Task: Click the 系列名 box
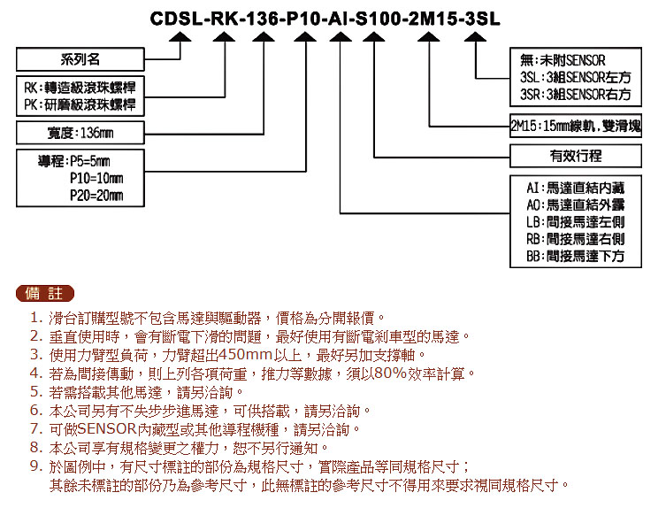[x=80, y=59]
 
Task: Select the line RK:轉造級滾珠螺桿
[x=80, y=88]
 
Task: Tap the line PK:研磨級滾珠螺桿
[x=80, y=104]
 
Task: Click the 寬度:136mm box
[x=80, y=133]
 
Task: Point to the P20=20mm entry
[x=96, y=195]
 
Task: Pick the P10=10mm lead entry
[x=96, y=178]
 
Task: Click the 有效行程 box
[x=576, y=156]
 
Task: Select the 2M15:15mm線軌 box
[x=576, y=126]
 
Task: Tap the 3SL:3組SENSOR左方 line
[x=576, y=77]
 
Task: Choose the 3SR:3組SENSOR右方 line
[x=576, y=95]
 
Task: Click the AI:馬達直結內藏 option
[x=576, y=188]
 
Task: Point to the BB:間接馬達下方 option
[x=576, y=256]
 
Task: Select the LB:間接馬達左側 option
[x=576, y=222]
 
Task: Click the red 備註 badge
[x=44, y=293]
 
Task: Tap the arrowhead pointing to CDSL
[x=180, y=37]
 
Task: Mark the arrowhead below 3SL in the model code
[x=475, y=37]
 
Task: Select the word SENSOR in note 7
[x=107, y=429]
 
